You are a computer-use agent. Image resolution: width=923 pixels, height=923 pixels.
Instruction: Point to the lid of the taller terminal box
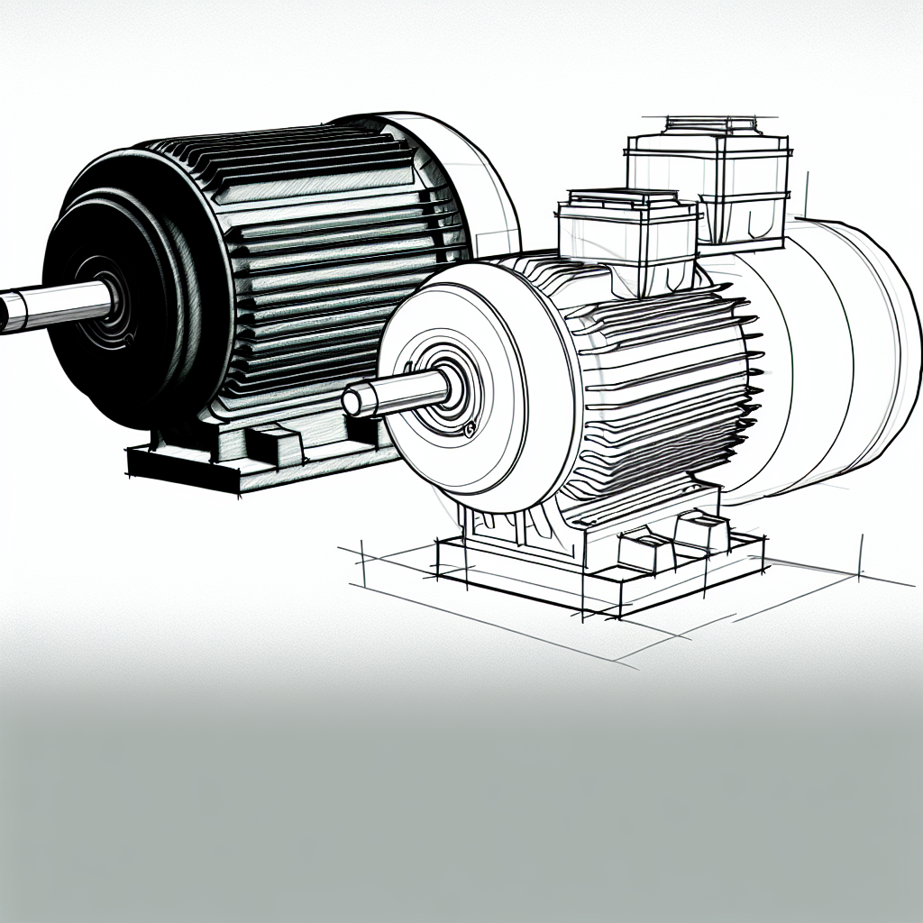click(708, 126)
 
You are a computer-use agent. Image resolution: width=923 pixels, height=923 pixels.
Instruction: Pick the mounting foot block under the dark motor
click(270, 442)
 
